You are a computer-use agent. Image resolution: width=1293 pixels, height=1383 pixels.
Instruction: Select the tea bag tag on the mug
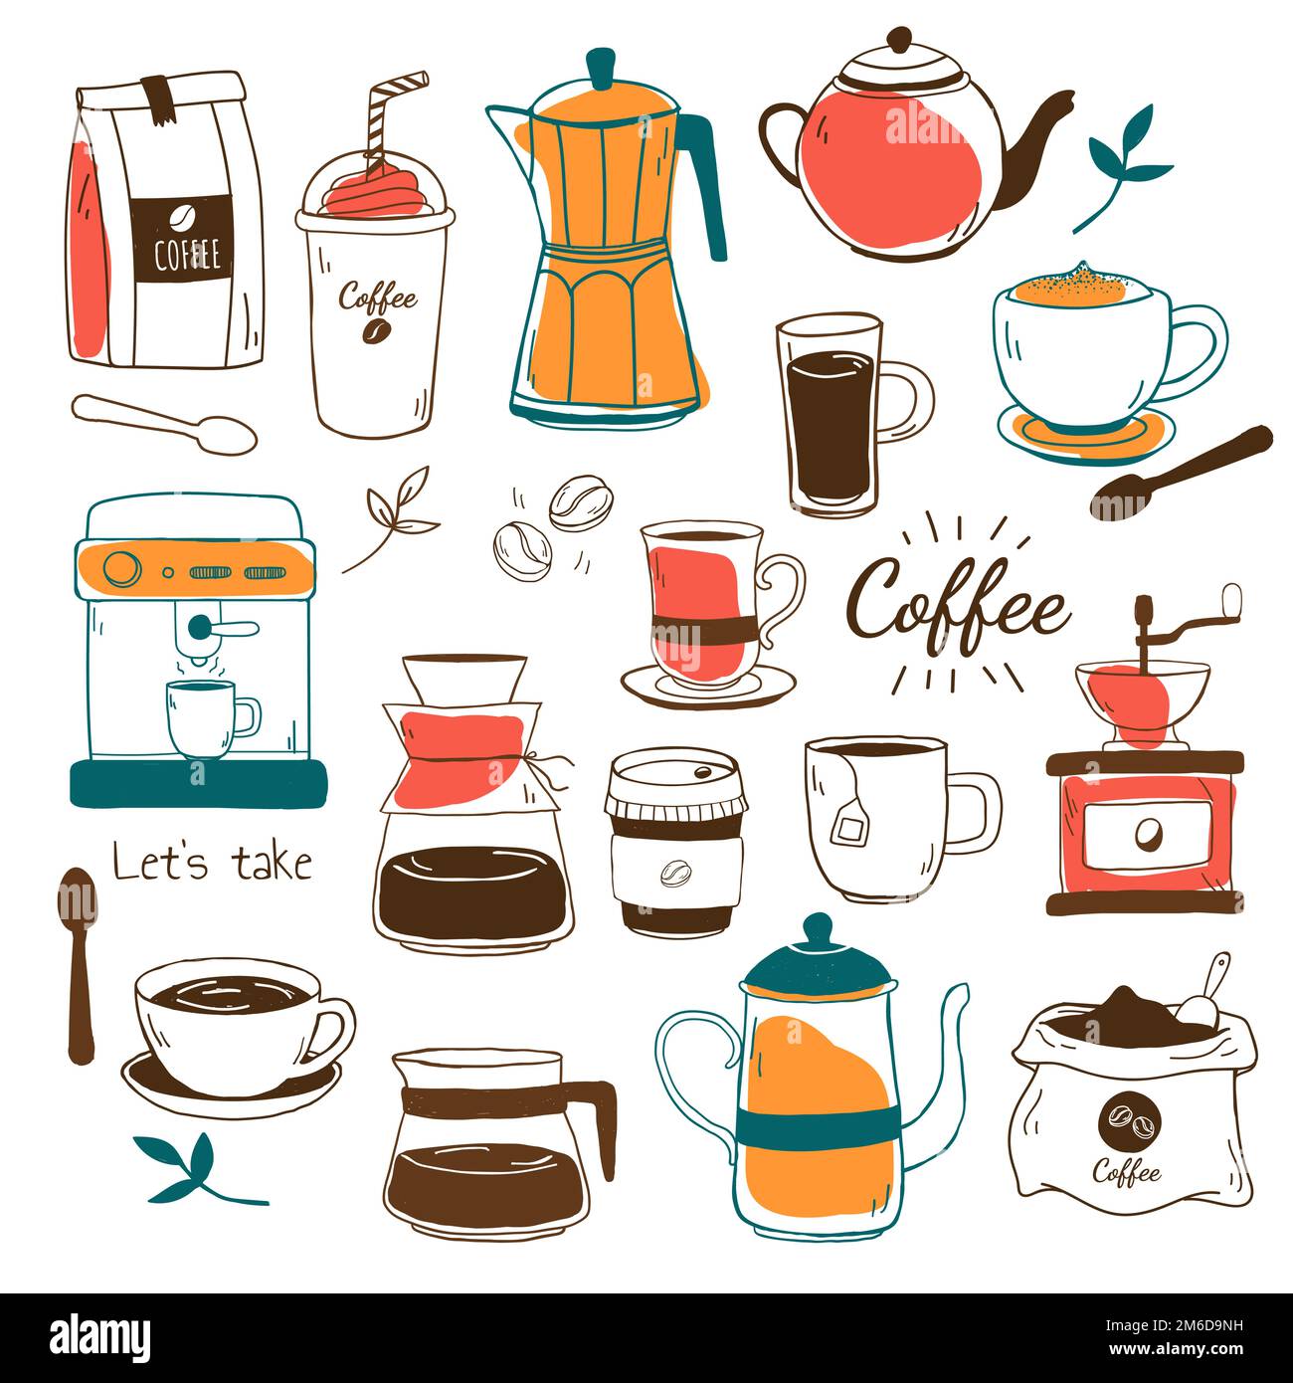(x=847, y=826)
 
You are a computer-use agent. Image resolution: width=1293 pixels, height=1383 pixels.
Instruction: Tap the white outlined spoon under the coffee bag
(x=164, y=423)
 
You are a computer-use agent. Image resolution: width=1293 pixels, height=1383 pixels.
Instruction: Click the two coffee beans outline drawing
(x=545, y=526)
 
